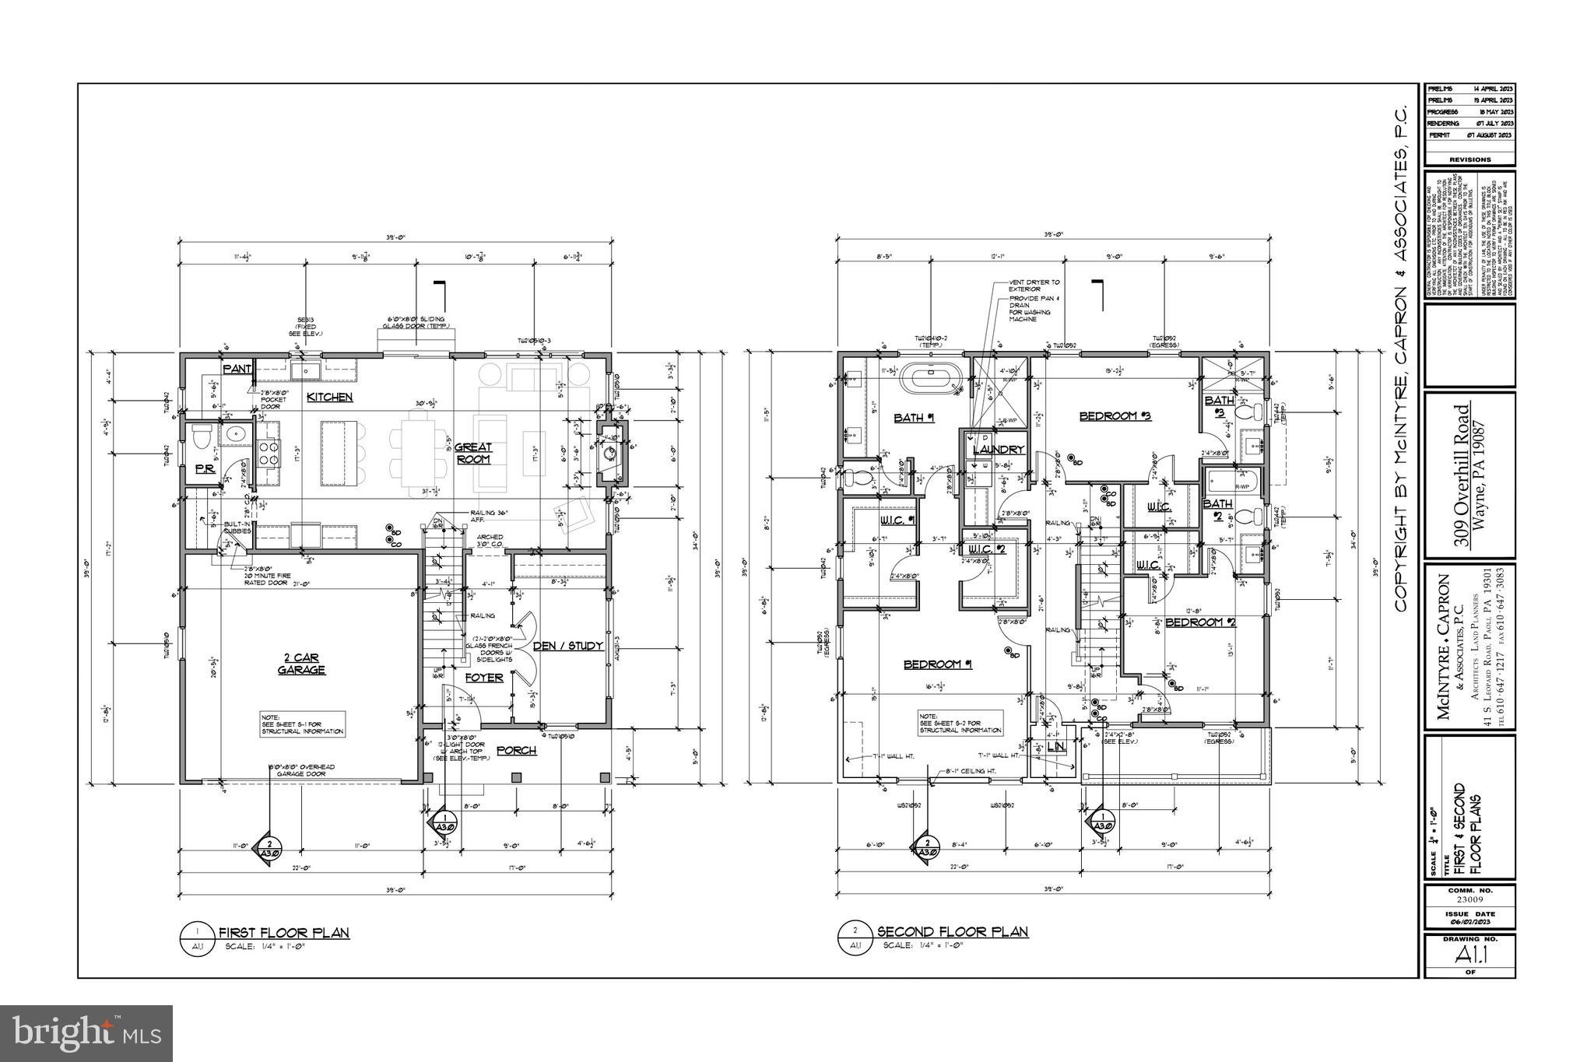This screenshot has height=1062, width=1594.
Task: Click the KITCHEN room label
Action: click(329, 398)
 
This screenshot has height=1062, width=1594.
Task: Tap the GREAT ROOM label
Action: click(473, 453)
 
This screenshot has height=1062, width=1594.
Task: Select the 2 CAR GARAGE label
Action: click(302, 664)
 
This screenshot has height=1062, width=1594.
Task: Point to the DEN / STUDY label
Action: click(568, 646)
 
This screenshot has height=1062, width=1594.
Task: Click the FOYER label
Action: click(484, 678)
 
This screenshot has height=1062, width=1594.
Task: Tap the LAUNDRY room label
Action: click(998, 450)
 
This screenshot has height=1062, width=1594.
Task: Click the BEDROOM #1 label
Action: click(938, 664)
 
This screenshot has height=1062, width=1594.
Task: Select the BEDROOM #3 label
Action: click(1115, 416)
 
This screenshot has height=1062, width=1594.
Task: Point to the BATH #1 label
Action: click(914, 418)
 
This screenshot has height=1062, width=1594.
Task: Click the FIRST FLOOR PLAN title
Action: click(283, 932)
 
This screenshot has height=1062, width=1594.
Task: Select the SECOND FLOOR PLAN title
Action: click(953, 931)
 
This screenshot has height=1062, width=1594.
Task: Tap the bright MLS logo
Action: click(86, 1033)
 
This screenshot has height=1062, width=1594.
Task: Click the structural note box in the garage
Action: click(303, 724)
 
